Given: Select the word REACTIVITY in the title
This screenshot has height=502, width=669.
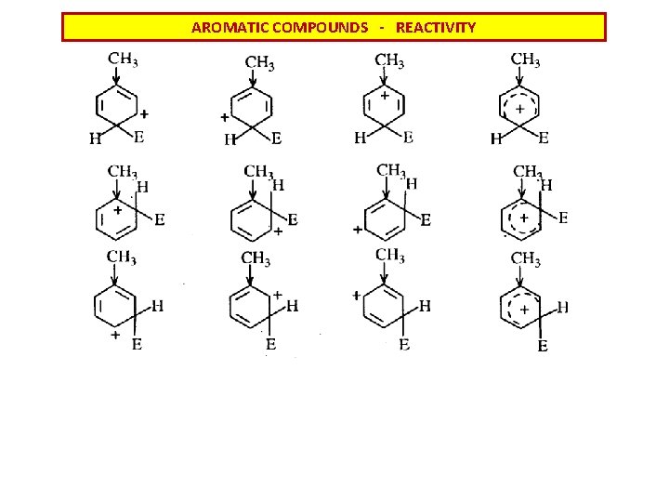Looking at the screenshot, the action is (436, 28).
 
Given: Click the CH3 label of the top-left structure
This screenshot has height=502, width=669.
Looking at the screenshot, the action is (124, 59).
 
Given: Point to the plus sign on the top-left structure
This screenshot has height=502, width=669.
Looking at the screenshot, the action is (144, 113).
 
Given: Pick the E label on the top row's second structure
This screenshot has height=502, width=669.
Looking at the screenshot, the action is (276, 139).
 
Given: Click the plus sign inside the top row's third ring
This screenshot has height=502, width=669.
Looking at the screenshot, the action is (384, 95).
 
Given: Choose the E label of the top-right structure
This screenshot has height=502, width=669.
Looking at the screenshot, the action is (544, 139).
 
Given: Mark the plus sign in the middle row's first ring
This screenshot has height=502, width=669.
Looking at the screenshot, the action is (118, 211).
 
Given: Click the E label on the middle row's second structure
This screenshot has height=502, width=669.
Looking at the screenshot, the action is (293, 219).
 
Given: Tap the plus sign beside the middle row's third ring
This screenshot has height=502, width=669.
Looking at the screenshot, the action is (358, 229).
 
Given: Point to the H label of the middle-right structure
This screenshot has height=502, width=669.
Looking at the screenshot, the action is (546, 185).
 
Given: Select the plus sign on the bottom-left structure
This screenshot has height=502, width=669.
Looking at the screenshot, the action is (115, 333).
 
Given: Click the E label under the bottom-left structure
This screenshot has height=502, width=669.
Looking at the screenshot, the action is (137, 346).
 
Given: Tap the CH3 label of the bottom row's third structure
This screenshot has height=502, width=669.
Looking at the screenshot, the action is (390, 256).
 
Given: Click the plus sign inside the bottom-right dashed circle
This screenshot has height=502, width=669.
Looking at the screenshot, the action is (524, 309).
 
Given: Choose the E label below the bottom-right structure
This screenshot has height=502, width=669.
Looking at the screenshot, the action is (543, 347).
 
